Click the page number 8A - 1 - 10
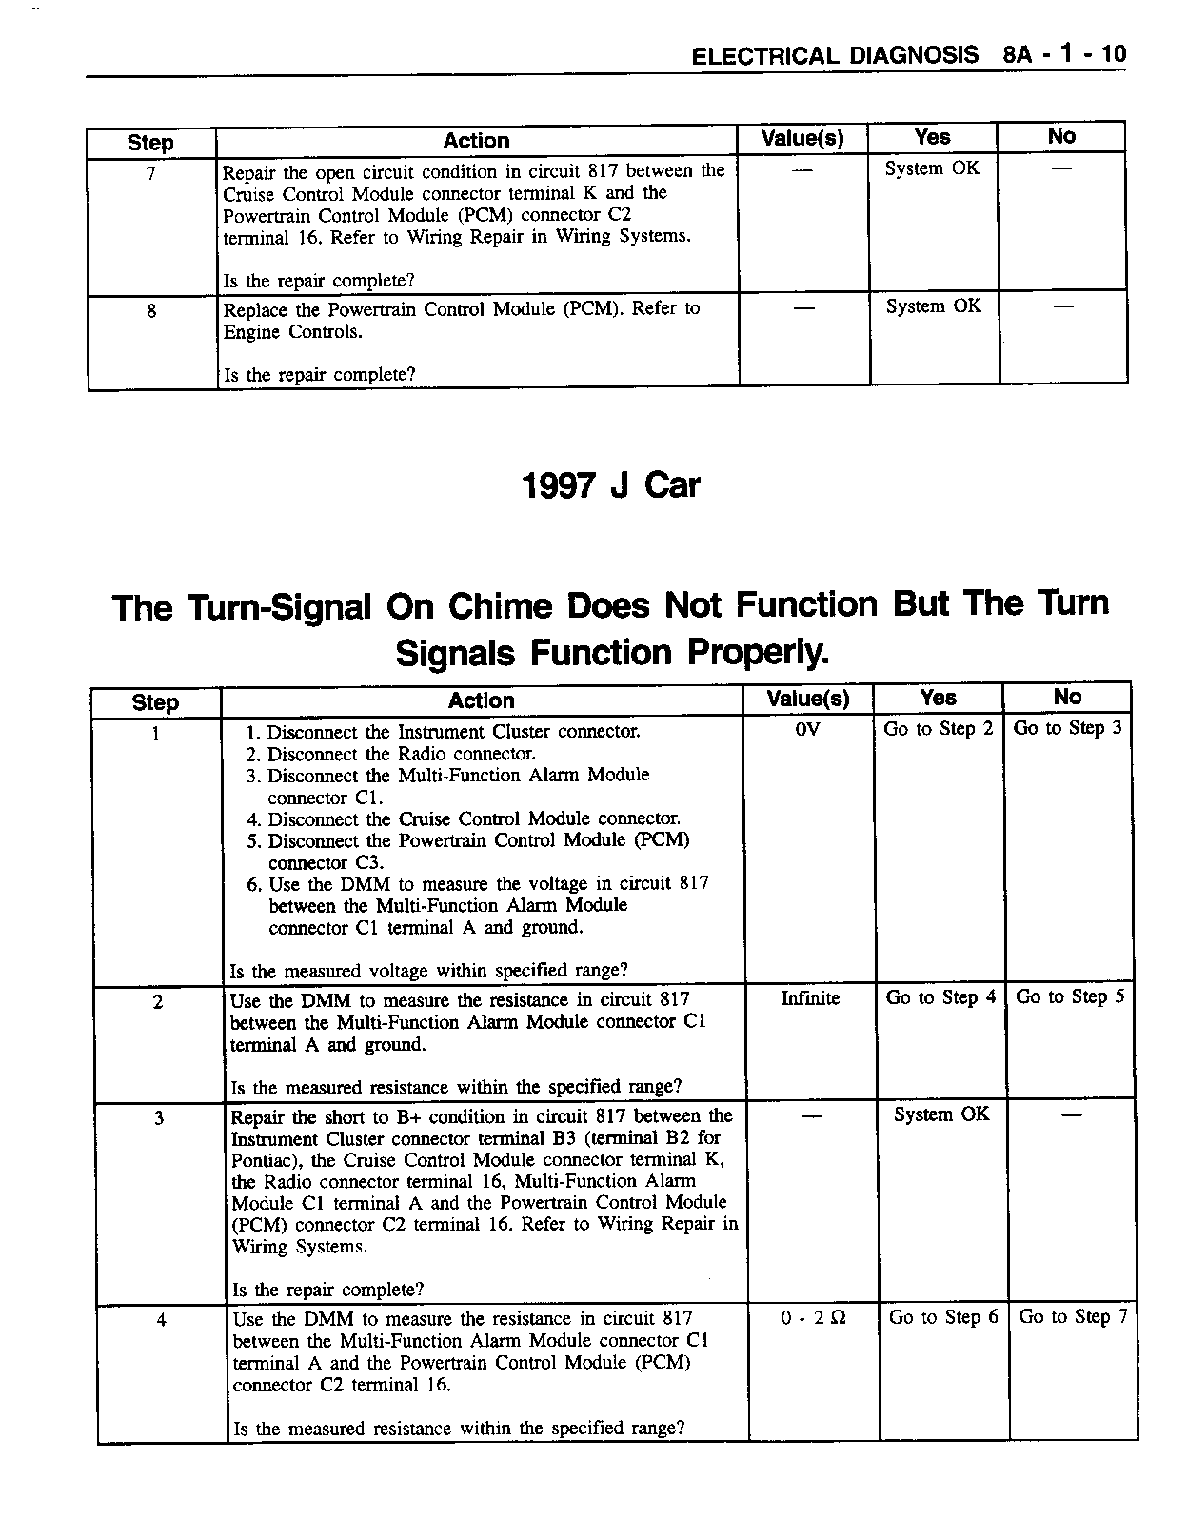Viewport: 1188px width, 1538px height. pyautogui.click(x=1063, y=54)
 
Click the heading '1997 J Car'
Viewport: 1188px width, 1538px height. pyautogui.click(x=610, y=486)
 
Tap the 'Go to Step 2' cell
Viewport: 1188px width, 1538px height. pyautogui.click(x=938, y=729)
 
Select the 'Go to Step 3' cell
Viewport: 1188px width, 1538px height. pyautogui.click(x=1067, y=728)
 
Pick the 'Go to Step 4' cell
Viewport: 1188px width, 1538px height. pyautogui.click(x=940, y=997)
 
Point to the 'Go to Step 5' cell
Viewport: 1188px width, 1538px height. pyautogui.click(x=1070, y=996)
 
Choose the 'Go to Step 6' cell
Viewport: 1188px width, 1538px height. pyautogui.click(x=943, y=1317)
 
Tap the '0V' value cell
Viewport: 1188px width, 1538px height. pyautogui.click(x=807, y=730)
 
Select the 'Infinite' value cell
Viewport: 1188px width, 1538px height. pyautogui.click(x=810, y=998)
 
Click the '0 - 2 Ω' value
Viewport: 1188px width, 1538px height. pyautogui.click(x=813, y=1318)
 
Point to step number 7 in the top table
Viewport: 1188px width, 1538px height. pyautogui.click(x=150, y=173)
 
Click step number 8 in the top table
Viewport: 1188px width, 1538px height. pyautogui.click(x=151, y=310)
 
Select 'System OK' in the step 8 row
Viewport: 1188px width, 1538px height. pyautogui.click(x=933, y=306)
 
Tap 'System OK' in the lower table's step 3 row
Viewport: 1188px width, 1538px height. pyautogui.click(x=940, y=1114)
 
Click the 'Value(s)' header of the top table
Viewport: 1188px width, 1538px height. pyautogui.click(x=802, y=138)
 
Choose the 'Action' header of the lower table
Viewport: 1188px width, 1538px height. pyautogui.click(x=481, y=700)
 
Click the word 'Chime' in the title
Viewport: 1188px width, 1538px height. pyautogui.click(x=500, y=606)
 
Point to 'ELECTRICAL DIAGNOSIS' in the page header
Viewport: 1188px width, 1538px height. pyautogui.click(x=835, y=55)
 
